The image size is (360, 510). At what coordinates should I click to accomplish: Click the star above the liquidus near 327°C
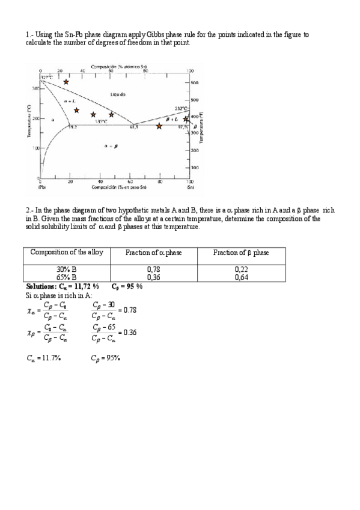66,82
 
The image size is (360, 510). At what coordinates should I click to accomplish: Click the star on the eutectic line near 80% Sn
159,126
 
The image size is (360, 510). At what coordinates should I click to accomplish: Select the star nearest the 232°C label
186,118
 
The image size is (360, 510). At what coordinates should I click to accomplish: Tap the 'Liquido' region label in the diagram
118,94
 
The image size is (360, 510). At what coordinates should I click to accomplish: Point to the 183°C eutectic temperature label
102,121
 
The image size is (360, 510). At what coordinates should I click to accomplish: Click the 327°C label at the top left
47,77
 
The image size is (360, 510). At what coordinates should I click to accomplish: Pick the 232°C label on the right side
182,109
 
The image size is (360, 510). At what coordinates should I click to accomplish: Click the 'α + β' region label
111,146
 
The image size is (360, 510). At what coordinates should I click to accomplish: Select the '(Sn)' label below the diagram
189,187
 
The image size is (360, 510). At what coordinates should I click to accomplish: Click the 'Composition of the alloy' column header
67,253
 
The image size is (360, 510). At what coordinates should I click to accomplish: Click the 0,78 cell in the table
153,269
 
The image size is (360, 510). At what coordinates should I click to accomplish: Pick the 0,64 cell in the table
241,277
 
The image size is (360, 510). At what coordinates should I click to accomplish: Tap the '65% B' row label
67,277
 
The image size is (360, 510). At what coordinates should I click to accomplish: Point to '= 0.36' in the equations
127,332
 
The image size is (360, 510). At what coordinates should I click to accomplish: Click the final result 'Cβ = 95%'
106,358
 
